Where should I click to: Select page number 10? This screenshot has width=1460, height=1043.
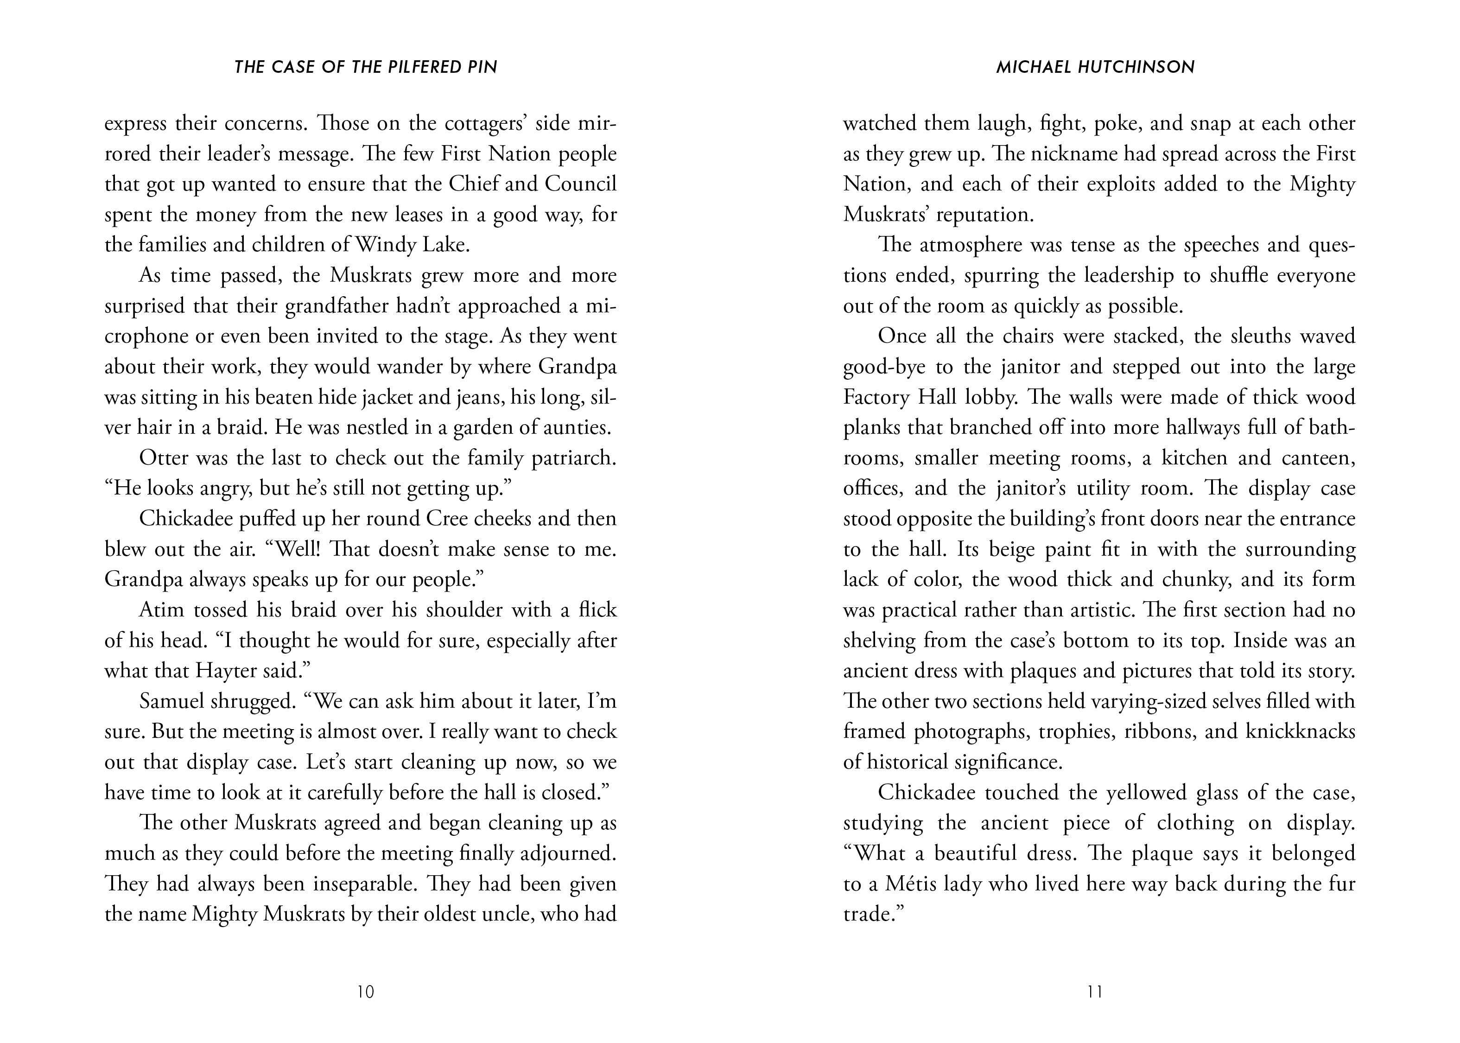(365, 992)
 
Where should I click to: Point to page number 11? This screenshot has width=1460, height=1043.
(1095, 992)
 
